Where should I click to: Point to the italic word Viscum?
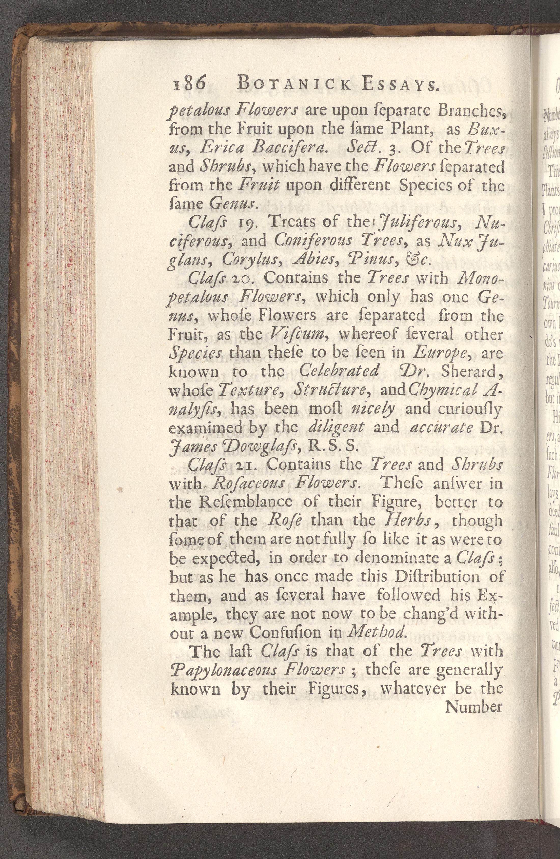click(x=297, y=335)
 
